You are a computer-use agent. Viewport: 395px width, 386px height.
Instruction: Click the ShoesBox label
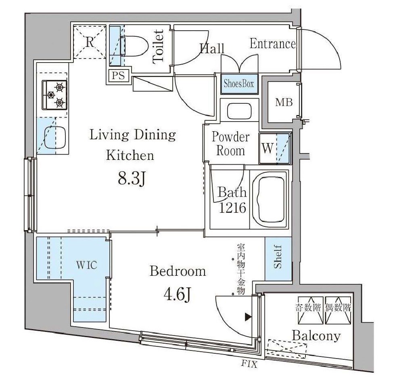[x=239, y=84]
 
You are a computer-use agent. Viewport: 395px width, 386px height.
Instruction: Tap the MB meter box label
[x=284, y=103]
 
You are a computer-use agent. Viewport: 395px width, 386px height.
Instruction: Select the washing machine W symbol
[x=268, y=149]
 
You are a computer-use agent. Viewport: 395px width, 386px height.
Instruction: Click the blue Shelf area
[x=278, y=258]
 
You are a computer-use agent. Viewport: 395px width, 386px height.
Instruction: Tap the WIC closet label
[x=86, y=265]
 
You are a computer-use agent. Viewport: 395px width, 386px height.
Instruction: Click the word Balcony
[x=316, y=336]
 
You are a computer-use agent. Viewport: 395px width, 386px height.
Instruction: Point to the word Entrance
[x=273, y=44]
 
